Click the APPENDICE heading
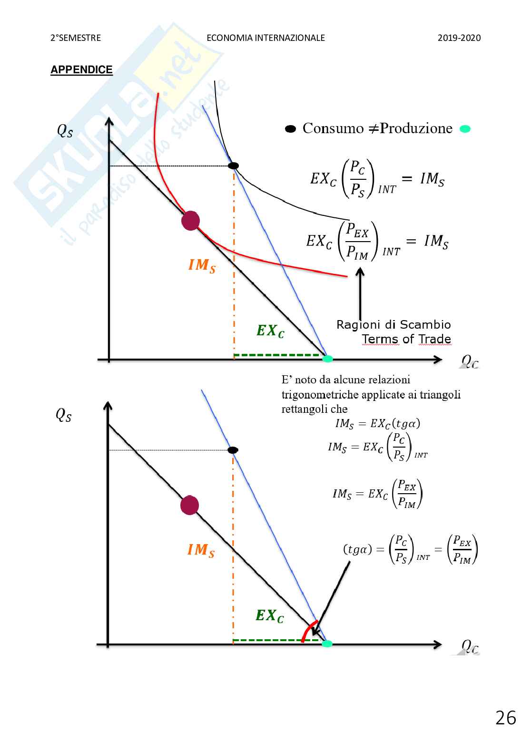click(81, 70)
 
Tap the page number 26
click(505, 718)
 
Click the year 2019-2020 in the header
click(459, 38)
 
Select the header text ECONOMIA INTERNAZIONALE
click(265, 38)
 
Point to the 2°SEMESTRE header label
click(76, 38)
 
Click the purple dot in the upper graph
click(190, 221)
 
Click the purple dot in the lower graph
click(189, 505)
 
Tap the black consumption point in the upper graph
click(233, 166)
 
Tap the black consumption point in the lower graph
click(233, 450)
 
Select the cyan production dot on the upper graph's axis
click(327, 359)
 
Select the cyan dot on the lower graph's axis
click(327, 644)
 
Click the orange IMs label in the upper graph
click(202, 265)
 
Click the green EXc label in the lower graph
click(269, 616)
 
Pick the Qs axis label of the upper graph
click(65, 130)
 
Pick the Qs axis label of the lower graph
click(64, 415)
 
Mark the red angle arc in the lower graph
click(308, 631)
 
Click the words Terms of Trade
click(406, 339)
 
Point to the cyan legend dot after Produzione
click(465, 129)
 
